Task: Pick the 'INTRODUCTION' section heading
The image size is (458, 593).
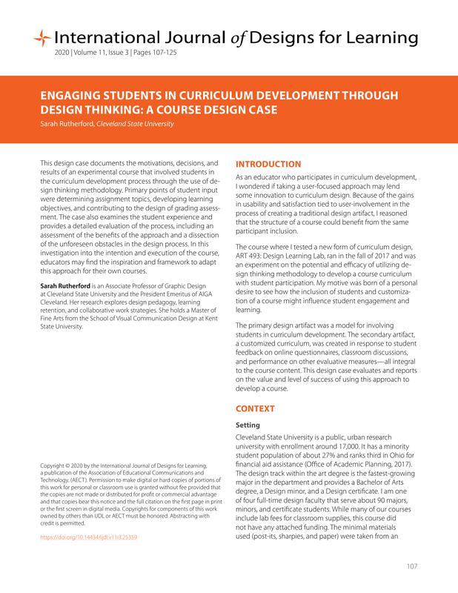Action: tap(268, 164)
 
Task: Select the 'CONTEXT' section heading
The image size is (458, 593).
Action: tap(256, 408)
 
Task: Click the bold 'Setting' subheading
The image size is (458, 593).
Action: tap(248, 425)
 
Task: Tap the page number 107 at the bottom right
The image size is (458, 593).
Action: tap(413, 567)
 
